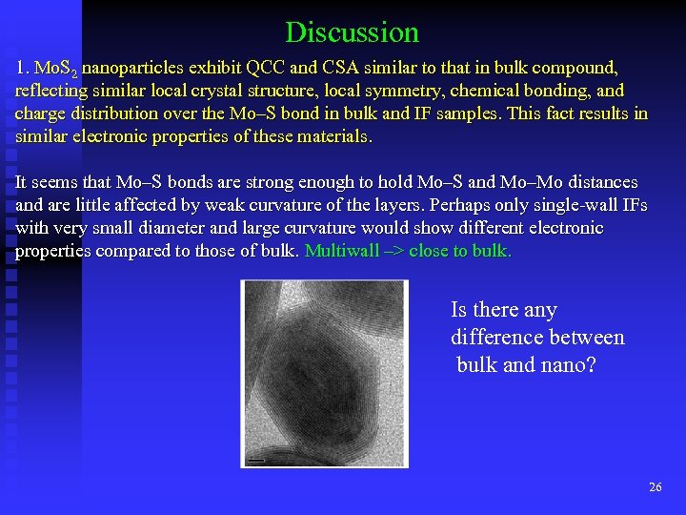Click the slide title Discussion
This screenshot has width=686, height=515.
coord(352,32)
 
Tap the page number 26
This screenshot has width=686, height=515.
coord(655,487)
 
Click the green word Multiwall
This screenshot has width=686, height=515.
coord(341,251)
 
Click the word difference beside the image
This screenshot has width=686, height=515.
coord(504,337)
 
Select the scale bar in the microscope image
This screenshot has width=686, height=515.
coord(255,460)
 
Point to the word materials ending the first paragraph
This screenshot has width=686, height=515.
coord(333,137)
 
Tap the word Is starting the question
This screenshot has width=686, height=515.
coord(458,310)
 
